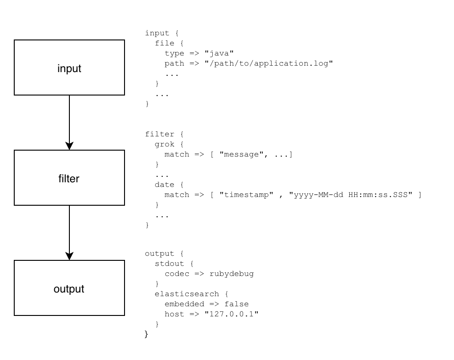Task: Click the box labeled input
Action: tap(69, 67)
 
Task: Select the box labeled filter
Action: tap(69, 178)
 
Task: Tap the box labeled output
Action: tap(69, 288)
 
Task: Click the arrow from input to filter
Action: tap(69, 122)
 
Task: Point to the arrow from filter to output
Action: tap(69, 232)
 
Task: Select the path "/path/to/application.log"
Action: tap(268, 63)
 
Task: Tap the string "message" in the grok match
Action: tap(239, 154)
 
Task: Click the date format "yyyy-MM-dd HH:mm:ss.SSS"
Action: tap(351, 195)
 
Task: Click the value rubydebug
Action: tap(232, 274)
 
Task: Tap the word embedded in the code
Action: tap(184, 304)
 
